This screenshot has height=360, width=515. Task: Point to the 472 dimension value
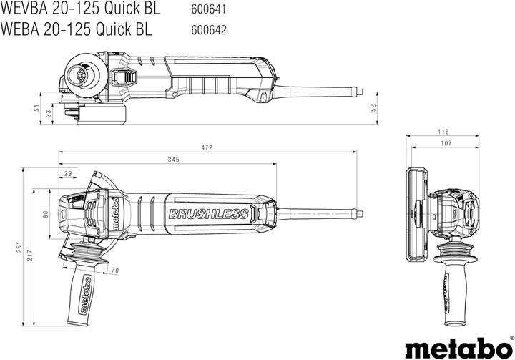pos(207,147)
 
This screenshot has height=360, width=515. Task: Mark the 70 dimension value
pos(114,271)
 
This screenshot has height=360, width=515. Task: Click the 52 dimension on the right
pos(371,107)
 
